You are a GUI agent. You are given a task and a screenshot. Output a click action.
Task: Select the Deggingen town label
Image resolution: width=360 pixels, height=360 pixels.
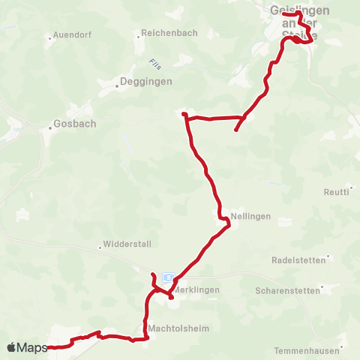tap(147, 82)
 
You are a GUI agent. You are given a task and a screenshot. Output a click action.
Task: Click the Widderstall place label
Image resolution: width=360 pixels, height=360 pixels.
tap(127, 245)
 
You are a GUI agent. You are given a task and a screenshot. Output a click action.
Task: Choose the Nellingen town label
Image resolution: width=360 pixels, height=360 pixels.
tap(250, 215)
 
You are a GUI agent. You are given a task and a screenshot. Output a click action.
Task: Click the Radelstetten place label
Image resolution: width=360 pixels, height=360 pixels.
tap(298, 260)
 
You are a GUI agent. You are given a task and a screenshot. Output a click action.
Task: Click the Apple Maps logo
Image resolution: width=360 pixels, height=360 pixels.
tap(27, 347)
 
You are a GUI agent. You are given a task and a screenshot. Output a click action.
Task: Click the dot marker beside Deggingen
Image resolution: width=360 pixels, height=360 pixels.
tap(117, 85)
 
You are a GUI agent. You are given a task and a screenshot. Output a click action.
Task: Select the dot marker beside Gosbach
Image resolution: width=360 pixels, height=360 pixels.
tap(51, 124)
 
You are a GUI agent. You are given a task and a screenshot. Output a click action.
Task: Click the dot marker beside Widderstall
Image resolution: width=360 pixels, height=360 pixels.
tap(100, 246)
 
